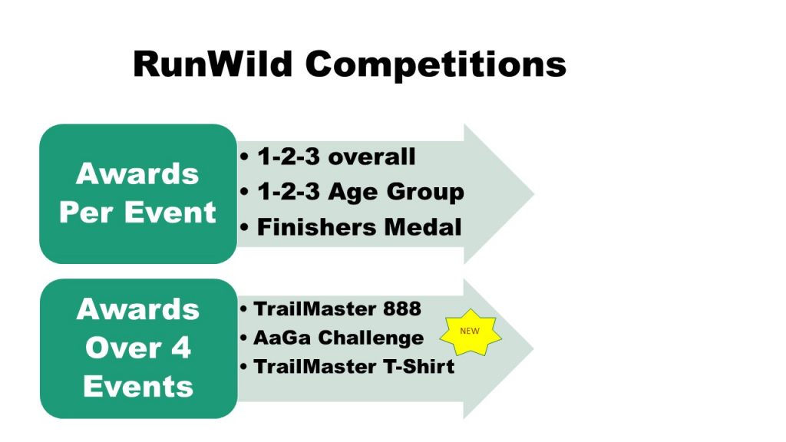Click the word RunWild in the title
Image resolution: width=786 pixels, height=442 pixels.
pyautogui.click(x=213, y=64)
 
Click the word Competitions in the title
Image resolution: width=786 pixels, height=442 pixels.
pyautogui.click(x=436, y=65)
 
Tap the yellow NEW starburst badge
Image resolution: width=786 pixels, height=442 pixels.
pyautogui.click(x=471, y=331)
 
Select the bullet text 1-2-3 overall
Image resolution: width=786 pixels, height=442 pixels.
pyautogui.click(x=336, y=157)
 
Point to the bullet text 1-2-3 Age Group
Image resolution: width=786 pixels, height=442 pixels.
pyautogui.click(x=361, y=192)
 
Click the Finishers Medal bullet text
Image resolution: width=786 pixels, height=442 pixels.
pyautogui.click(x=359, y=227)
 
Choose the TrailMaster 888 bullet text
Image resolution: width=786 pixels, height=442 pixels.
pyautogui.click(x=338, y=308)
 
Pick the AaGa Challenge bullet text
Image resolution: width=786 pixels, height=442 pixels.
pyautogui.click(x=339, y=338)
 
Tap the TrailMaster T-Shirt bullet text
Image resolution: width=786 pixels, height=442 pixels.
pyautogui.click(x=354, y=366)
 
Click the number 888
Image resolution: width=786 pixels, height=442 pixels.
pyautogui.click(x=402, y=308)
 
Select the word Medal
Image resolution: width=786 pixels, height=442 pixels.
pyautogui.click(x=423, y=227)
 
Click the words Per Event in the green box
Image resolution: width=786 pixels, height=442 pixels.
pyautogui.click(x=138, y=213)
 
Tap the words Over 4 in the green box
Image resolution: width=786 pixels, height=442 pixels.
pyautogui.click(x=138, y=348)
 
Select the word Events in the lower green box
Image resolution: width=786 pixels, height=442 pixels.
pyautogui.click(x=138, y=387)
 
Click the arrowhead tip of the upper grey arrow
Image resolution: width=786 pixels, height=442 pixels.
pyautogui.click(x=533, y=193)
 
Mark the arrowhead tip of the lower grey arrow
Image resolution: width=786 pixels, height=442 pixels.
pyautogui.click(x=533, y=349)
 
